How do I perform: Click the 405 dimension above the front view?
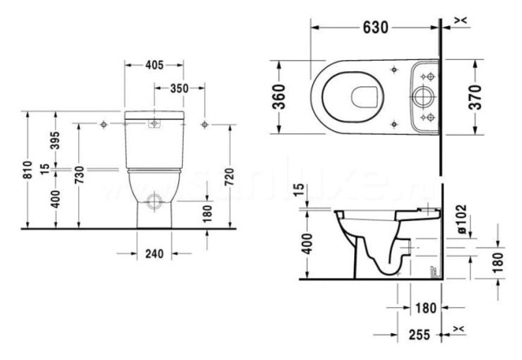(153, 63)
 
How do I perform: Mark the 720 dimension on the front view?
(231, 179)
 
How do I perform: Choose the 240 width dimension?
(152, 255)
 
